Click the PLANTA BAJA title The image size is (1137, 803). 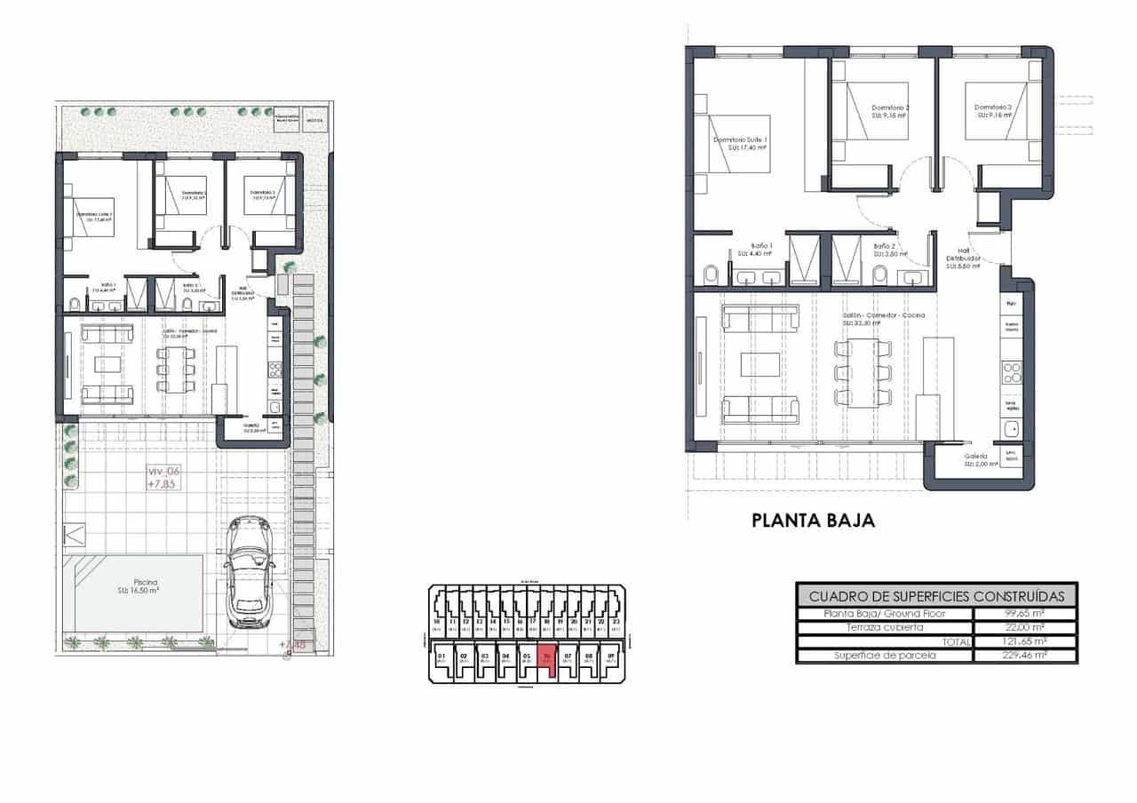[813, 521]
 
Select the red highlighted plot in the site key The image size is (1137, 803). [548, 662]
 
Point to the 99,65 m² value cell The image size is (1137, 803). [1025, 614]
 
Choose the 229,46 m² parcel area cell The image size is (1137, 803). [1025, 656]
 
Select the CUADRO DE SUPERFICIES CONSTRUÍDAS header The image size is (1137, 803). [935, 595]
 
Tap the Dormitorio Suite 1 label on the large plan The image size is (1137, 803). [740, 144]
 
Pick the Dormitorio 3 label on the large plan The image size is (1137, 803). [995, 111]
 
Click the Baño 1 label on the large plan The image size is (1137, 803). [761, 248]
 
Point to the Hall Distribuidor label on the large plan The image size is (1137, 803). [963, 258]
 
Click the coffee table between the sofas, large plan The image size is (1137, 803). [760, 364]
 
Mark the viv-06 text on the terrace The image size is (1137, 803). [163, 472]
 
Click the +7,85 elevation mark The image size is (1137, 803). [163, 485]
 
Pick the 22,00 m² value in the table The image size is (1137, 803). [1025, 627]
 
